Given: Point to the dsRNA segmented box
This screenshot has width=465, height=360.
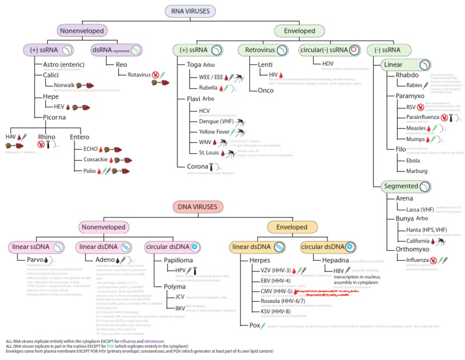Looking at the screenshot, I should point(119,49).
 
